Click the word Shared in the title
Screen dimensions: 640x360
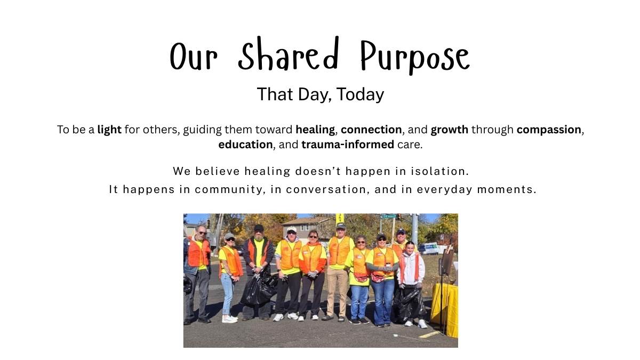point(288,54)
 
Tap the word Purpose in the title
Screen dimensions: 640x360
point(415,57)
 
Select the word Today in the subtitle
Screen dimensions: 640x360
point(360,94)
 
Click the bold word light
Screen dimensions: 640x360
point(109,130)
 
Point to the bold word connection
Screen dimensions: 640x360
point(371,130)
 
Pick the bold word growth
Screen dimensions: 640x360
point(449,130)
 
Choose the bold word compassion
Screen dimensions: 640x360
point(549,130)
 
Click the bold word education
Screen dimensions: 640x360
point(245,145)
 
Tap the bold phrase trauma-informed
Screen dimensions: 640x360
point(348,145)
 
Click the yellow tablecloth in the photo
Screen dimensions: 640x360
point(445,309)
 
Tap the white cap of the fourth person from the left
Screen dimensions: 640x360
point(291,229)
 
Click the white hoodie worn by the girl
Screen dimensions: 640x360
point(411,269)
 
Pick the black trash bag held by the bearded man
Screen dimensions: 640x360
point(259,289)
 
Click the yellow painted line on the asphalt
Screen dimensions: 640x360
point(429,334)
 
